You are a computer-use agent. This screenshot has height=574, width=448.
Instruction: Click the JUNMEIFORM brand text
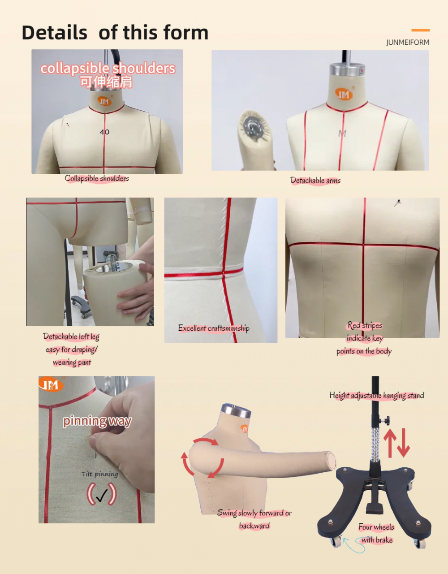coord(408,42)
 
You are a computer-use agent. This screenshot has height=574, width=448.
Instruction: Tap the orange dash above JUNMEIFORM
coord(421,30)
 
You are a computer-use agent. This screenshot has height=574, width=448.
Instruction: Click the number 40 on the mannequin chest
coord(104,132)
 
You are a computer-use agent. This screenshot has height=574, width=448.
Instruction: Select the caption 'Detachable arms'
coord(315,181)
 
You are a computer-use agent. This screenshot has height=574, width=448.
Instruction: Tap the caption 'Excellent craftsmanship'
coord(214,328)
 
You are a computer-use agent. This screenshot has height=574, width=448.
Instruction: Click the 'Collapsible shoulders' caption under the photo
coord(97,178)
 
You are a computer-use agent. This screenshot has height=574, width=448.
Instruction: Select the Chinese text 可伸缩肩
coord(106,82)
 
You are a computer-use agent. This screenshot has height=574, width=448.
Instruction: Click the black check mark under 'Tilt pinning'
coord(102,495)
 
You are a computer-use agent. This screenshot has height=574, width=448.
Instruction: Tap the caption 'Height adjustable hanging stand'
coord(377,395)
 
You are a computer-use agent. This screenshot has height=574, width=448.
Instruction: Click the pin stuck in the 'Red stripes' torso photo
coord(397,203)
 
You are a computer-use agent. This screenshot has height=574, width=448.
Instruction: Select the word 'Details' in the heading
coord(54,33)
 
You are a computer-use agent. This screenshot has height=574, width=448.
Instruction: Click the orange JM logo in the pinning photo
coord(51,384)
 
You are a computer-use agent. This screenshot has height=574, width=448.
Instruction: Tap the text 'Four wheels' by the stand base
coord(376,527)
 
